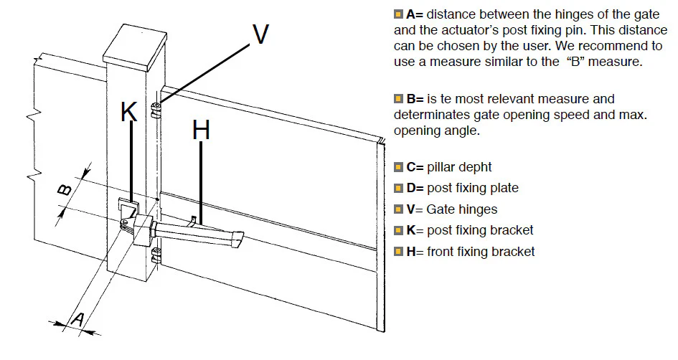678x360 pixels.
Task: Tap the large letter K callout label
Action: [x=129, y=112]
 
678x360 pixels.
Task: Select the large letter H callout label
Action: [x=202, y=131]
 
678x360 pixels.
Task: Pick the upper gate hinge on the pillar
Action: [x=156, y=108]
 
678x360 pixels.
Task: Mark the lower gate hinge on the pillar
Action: [x=156, y=252]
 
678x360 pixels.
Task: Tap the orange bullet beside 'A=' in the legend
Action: [x=398, y=14]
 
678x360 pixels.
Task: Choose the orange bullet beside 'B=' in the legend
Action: [x=398, y=98]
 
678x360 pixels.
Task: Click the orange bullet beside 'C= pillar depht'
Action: [x=398, y=167]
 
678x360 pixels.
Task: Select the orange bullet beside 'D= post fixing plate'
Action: [x=398, y=188]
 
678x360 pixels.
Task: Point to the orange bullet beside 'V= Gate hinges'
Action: [x=398, y=209]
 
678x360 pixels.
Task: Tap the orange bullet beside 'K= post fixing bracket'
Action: [x=398, y=230]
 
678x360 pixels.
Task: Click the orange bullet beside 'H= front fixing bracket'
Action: [x=398, y=252]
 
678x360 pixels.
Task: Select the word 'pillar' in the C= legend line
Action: [x=443, y=167]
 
